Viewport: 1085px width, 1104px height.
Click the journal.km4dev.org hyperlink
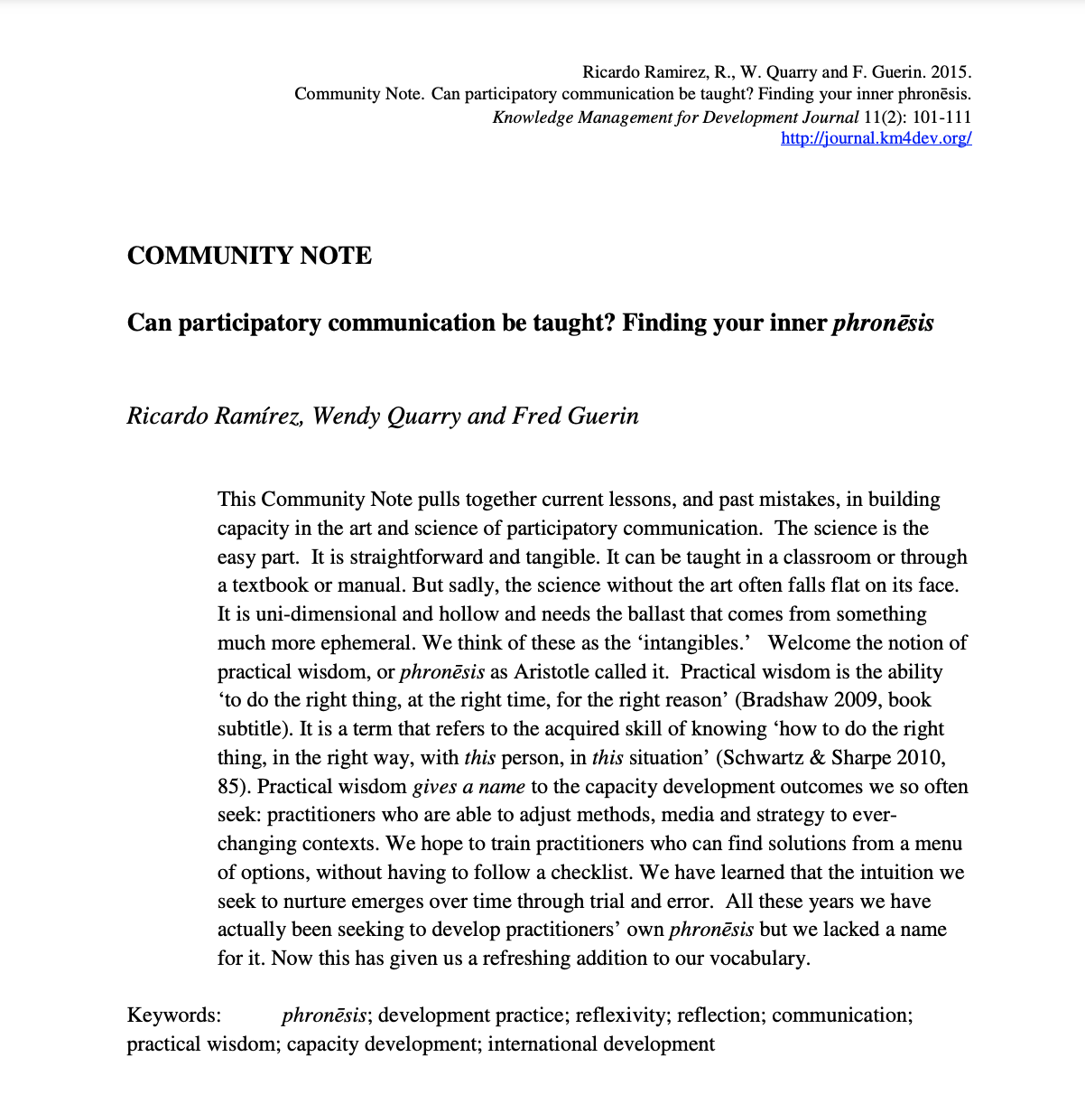[876, 139]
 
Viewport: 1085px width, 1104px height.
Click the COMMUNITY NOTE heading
[249, 256]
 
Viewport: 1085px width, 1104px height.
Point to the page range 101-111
[942, 117]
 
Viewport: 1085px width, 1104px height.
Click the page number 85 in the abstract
[228, 787]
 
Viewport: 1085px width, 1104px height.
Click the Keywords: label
[174, 1015]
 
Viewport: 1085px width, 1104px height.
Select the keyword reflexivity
[622, 1015]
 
